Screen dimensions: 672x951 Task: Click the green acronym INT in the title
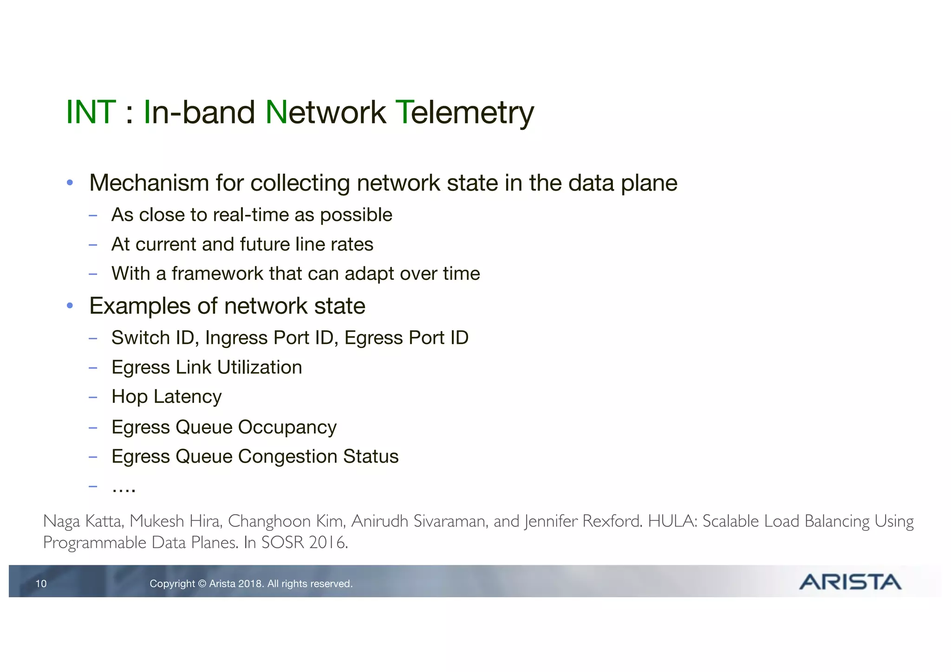click(x=91, y=112)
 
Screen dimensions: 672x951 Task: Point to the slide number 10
click(x=41, y=583)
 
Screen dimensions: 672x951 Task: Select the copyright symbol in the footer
click(x=202, y=583)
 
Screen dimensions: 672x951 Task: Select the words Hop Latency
click(x=167, y=397)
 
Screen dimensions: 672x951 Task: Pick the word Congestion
click(x=287, y=457)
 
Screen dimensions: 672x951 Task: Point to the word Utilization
click(x=260, y=368)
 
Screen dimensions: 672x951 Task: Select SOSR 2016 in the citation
click(x=304, y=542)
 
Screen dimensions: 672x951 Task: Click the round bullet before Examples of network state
click(x=70, y=306)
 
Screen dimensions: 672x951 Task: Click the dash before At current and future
click(x=93, y=245)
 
